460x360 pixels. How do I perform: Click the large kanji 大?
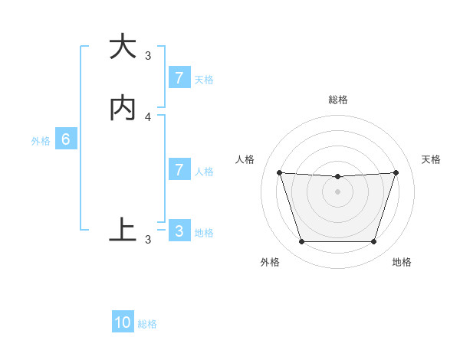tap(122, 47)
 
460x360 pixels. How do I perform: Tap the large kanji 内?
tap(122, 109)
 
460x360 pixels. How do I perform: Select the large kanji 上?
tap(122, 229)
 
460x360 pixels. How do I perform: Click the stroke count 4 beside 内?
tap(148, 116)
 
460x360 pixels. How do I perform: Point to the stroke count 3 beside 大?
tap(148, 55)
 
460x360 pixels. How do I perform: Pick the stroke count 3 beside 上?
tap(148, 240)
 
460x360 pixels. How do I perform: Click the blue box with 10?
tap(123, 322)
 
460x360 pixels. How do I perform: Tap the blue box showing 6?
tap(66, 139)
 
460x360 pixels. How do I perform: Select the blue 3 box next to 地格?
tap(179, 231)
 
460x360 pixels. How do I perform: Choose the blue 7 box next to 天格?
tap(179, 78)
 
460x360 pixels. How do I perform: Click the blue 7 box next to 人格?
tap(179, 170)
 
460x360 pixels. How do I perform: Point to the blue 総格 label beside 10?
tap(147, 324)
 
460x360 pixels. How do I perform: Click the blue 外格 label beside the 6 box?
tap(41, 141)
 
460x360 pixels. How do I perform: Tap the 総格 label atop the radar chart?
tap(337, 100)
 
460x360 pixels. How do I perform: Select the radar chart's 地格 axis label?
tap(402, 262)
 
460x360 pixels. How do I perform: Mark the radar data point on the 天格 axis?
tap(396, 172)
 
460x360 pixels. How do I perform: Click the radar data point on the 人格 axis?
tap(279, 172)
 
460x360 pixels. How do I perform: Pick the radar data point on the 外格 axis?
tap(301, 242)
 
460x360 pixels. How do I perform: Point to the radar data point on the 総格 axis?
tap(337, 177)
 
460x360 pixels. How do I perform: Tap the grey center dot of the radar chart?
tap(337, 191)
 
